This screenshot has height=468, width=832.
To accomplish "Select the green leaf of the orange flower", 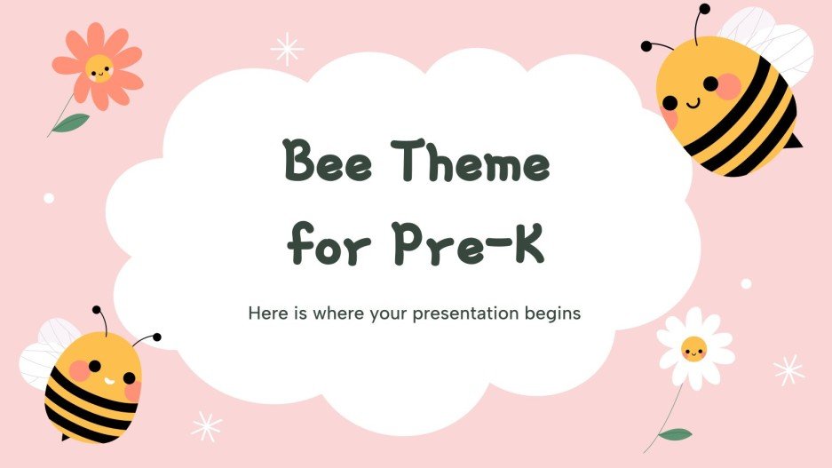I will click(70, 123).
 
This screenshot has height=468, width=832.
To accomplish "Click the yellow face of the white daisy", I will click(694, 350).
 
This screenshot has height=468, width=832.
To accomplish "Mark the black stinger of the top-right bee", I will click(796, 142).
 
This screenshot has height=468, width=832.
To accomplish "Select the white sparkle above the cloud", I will click(286, 49).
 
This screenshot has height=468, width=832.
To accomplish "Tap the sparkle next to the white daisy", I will click(788, 369).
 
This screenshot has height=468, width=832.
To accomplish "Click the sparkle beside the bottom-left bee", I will click(207, 426).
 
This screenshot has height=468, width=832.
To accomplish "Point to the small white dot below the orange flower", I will click(49, 198).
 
